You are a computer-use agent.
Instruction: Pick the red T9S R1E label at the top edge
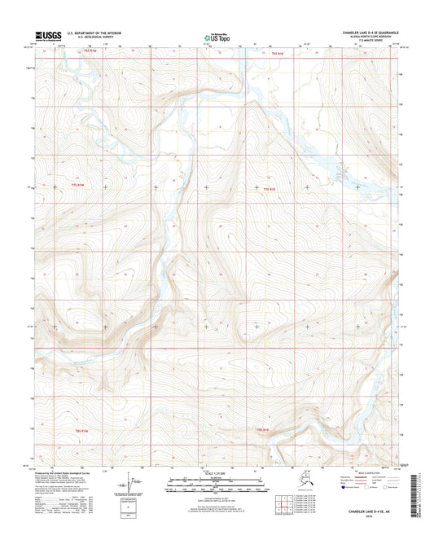(276, 52)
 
